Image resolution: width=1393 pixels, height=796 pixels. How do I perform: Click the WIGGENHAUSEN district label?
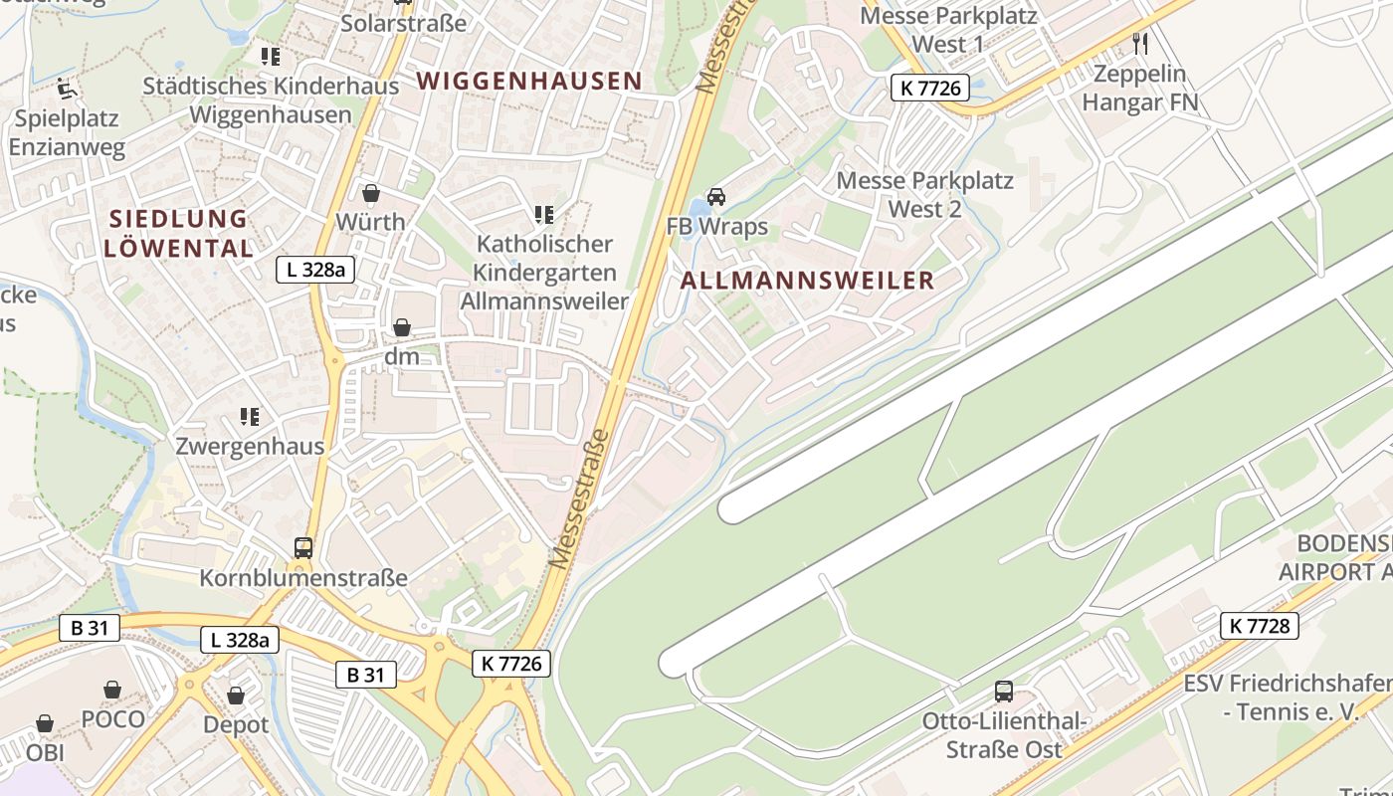pos(529,81)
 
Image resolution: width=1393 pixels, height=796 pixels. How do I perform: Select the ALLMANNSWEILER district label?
pos(808,281)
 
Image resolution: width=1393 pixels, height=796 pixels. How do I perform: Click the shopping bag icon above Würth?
pos(371,193)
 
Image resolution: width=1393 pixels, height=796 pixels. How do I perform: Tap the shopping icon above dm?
pos(402,327)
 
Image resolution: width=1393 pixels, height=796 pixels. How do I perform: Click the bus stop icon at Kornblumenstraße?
pos(303,547)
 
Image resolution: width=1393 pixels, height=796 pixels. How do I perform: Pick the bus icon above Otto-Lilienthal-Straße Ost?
pos(1004,691)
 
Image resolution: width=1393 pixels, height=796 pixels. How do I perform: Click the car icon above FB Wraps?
pos(716,197)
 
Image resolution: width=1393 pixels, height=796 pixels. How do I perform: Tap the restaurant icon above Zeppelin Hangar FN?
pos(1140,43)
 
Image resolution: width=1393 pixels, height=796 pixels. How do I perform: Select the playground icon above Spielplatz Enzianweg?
pos(67,89)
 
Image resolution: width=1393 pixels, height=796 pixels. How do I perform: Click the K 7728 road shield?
pos(1260,625)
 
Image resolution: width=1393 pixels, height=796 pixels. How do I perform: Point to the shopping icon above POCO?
pos(112,690)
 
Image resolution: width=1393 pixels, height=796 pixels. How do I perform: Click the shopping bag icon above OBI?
pos(45,723)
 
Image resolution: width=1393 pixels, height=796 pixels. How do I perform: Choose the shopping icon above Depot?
pos(236,696)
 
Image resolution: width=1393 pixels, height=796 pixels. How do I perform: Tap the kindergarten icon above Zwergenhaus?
pos(250,417)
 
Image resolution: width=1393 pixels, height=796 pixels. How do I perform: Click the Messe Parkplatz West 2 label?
pos(924,194)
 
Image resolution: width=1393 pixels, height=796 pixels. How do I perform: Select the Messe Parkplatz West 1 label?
pos(948,30)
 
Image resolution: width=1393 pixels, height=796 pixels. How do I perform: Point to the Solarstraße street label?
pos(403,23)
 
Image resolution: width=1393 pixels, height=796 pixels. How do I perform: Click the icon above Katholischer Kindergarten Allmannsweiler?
pos(543,214)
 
